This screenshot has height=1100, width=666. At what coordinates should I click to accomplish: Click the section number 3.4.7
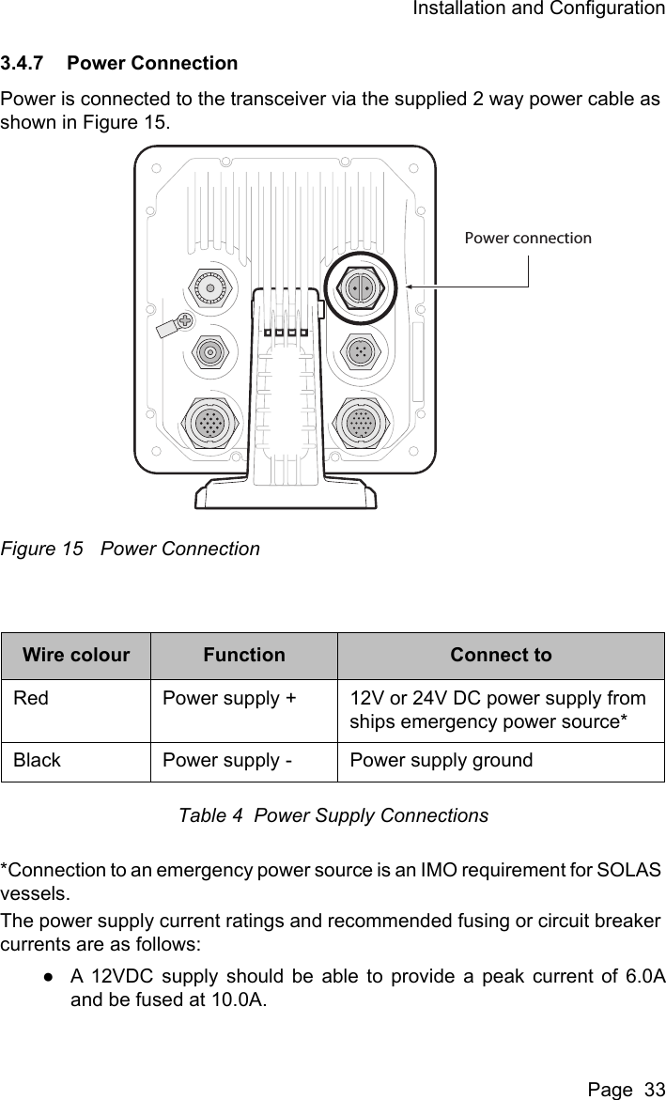pyautogui.click(x=25, y=64)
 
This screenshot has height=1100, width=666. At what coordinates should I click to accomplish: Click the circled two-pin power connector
pyautogui.click(x=361, y=287)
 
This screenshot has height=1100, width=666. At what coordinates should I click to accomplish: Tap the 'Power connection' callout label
pyautogui.click(x=528, y=238)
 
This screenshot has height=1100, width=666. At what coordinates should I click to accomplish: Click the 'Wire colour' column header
pyautogui.click(x=76, y=655)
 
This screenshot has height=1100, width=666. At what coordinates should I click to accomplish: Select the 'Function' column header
pyautogui.click(x=244, y=655)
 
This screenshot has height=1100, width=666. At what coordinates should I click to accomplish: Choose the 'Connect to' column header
pyautogui.click(x=501, y=655)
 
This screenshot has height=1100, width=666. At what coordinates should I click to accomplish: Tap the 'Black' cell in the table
pyautogui.click(x=37, y=760)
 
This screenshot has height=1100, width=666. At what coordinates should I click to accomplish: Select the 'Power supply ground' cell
pyautogui.click(x=441, y=760)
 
